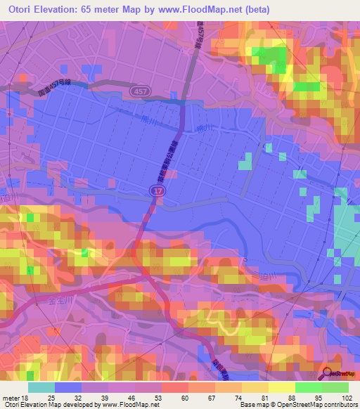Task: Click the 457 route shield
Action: (138, 91)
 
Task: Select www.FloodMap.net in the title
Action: (209, 9)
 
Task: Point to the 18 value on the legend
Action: (25, 397)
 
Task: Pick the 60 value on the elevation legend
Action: (184, 397)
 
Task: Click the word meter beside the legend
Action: (11, 397)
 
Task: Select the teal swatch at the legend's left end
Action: (41, 387)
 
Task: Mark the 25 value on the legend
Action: (51, 397)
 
